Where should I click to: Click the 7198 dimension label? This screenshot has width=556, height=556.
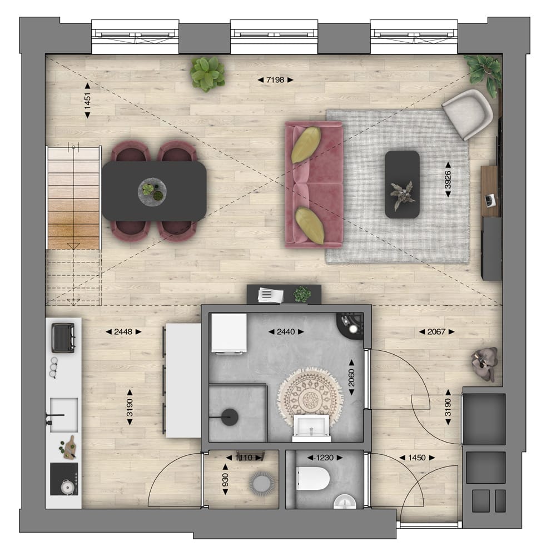[x=275, y=80]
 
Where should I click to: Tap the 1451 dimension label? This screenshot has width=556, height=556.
[x=87, y=100]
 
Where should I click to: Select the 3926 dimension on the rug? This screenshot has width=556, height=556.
[x=448, y=180]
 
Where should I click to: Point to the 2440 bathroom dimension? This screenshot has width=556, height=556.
[x=286, y=332]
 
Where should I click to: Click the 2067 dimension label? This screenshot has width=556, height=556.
[x=436, y=332]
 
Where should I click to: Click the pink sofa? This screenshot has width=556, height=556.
[x=314, y=183]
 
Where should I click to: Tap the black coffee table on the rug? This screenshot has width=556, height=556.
[x=402, y=184]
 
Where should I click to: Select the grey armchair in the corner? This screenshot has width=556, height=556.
[x=468, y=113]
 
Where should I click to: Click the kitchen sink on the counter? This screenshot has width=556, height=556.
[x=63, y=415]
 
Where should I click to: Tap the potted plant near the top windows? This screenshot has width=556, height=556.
[x=207, y=74]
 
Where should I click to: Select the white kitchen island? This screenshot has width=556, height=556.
[x=183, y=380]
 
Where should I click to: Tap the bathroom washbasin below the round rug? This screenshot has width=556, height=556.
[x=311, y=427]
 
